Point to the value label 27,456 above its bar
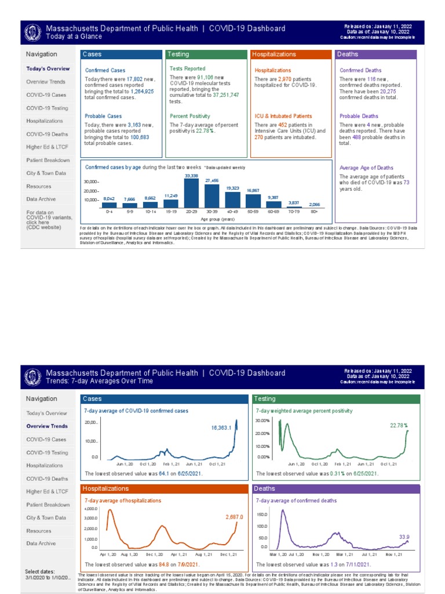click(212, 181)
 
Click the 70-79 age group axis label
click(293, 212)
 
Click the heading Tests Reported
click(187, 68)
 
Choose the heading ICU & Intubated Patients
click(283, 116)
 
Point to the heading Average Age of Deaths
click(366, 168)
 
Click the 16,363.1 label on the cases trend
click(221, 428)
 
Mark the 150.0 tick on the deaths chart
click(261, 515)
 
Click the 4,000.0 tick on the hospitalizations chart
click(92, 509)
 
